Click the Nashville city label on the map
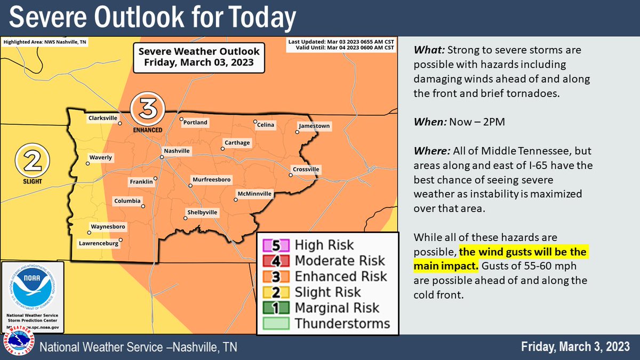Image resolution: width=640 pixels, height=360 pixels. pos(177,151)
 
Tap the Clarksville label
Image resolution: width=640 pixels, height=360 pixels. pos(103,118)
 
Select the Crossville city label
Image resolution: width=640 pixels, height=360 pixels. pos(306,170)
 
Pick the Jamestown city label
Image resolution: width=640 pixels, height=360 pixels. pos(314,126)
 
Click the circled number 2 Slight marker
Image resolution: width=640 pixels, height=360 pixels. pos(32,159)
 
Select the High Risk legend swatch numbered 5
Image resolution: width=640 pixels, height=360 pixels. pos(275,245)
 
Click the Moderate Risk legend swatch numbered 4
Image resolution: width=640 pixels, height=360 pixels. pos(275,261)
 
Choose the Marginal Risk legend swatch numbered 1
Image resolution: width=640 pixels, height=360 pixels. pos(275,308)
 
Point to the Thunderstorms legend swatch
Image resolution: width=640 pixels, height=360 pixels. pos(275,323)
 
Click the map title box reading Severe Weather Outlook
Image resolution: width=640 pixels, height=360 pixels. pos(199,57)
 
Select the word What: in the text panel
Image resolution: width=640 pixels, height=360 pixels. pos(430,51)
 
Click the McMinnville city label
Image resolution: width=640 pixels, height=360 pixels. pos(255,193)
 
